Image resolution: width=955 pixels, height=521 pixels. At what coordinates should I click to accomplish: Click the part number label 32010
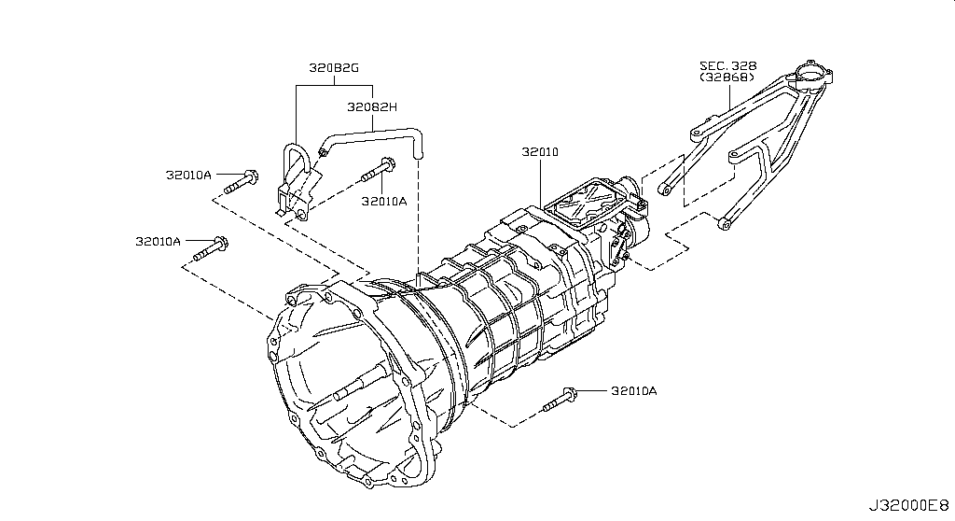(x=540, y=152)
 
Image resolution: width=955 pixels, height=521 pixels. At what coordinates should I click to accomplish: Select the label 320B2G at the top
(x=334, y=68)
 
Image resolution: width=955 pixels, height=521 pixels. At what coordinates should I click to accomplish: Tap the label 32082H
(x=372, y=107)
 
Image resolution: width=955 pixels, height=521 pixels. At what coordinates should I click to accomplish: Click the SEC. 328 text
(x=727, y=66)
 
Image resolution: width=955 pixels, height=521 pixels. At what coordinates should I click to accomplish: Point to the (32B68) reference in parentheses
(x=727, y=77)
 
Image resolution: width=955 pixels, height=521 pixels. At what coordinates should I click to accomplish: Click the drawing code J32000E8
(x=908, y=506)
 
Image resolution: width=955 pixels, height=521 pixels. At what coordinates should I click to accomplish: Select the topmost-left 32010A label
(x=188, y=176)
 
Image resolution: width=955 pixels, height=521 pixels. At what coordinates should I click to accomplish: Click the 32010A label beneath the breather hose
(x=383, y=202)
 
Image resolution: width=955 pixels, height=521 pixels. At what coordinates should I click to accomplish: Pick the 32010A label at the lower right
(x=634, y=391)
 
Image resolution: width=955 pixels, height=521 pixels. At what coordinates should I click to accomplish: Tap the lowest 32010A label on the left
(x=159, y=241)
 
